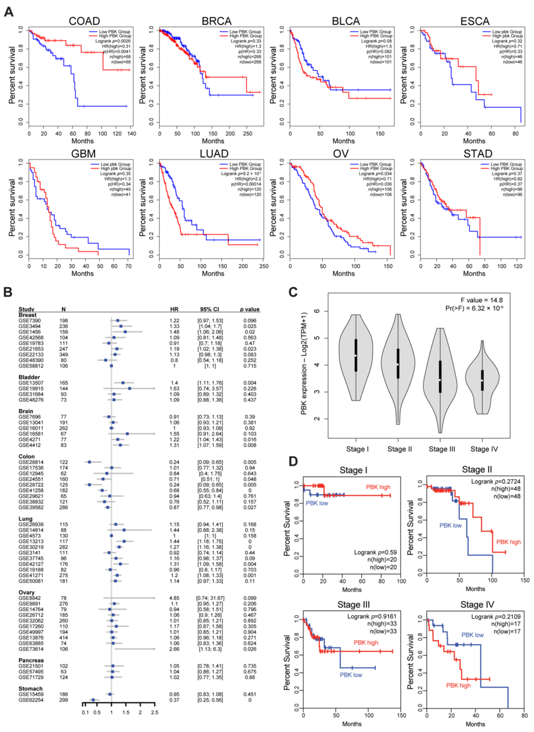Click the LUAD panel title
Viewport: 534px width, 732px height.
pyautogui.click(x=214, y=154)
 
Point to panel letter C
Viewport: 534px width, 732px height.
pyautogui.click(x=293, y=292)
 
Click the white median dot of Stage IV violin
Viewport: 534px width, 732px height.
pyautogui.click(x=482, y=380)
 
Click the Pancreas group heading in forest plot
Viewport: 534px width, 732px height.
pyautogui.click(x=31, y=660)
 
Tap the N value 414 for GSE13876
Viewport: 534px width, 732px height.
pyautogui.click(x=64, y=638)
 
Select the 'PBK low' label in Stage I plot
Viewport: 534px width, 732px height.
pyautogui.click(x=317, y=503)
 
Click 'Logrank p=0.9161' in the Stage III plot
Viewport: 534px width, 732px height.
pyautogui.click(x=372, y=617)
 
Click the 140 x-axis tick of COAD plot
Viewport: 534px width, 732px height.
pyautogui.click(x=132, y=133)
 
